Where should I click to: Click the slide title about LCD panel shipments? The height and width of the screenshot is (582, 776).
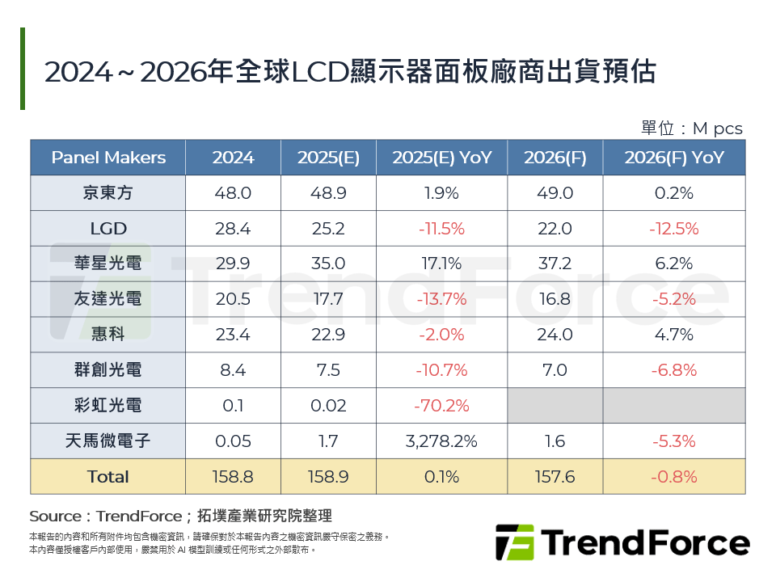349,72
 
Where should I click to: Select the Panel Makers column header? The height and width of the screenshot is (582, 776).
108,158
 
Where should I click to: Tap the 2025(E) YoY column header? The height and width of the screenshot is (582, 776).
441,158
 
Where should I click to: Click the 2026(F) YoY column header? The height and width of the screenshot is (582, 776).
673,158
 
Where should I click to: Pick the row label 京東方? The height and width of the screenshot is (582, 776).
108,193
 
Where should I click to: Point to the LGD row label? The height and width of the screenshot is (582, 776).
108,229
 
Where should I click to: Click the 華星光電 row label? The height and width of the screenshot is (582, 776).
108,264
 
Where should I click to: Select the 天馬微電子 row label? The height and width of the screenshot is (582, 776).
108,441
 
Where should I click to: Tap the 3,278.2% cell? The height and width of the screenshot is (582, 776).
441,441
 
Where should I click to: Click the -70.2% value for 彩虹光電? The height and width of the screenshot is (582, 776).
441,406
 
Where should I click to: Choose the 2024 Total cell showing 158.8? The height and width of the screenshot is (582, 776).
233,477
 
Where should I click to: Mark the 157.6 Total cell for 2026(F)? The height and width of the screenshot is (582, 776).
555,477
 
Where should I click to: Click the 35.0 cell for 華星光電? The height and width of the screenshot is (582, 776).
327,264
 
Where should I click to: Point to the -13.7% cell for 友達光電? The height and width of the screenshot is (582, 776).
441,299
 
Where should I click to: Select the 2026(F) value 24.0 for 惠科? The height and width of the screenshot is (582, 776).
555,335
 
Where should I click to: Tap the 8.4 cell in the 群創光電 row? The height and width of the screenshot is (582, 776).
233,370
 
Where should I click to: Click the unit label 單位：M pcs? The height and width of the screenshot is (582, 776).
691,129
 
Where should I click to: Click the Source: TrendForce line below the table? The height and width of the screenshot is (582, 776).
180,516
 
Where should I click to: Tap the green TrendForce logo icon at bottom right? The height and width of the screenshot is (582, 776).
514,542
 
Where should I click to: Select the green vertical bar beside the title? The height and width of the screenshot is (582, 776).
23,69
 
